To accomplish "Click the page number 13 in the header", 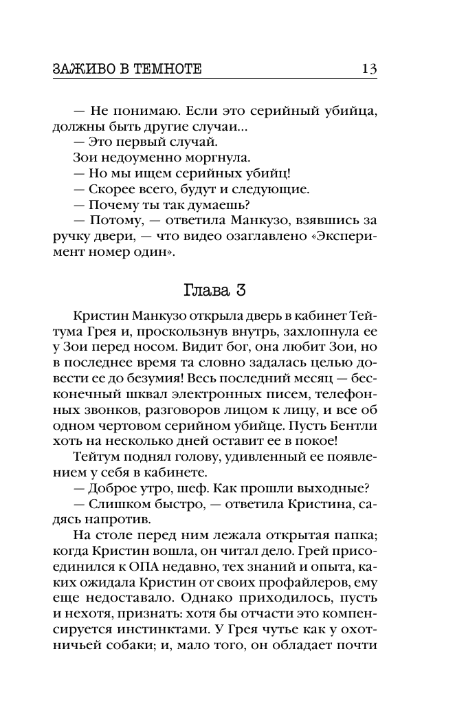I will (x=368, y=69).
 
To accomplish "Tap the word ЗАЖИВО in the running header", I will (x=80, y=70).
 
